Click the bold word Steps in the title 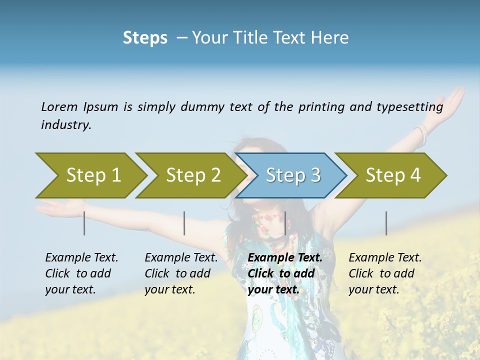coord(145,38)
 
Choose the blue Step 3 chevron coord(292,175)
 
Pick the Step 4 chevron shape coord(392,175)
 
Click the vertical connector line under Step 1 coord(84,223)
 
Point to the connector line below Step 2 coord(184,223)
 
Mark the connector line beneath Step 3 coord(285,223)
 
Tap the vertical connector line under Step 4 coord(386,223)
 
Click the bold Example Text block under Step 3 coord(285,273)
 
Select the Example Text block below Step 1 coord(81,273)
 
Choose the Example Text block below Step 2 coord(181,273)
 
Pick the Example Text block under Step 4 coord(385,273)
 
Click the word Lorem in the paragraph coord(59,106)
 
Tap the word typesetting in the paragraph coord(414,107)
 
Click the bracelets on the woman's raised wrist coord(421,134)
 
